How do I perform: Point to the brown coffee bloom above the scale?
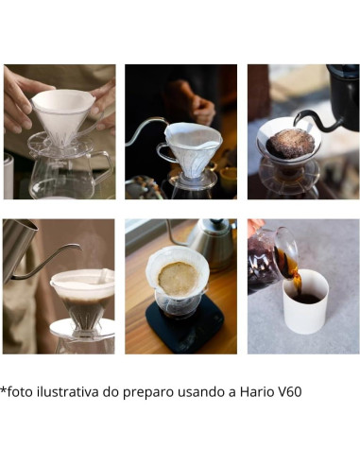pyautogui.click(x=177, y=277)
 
